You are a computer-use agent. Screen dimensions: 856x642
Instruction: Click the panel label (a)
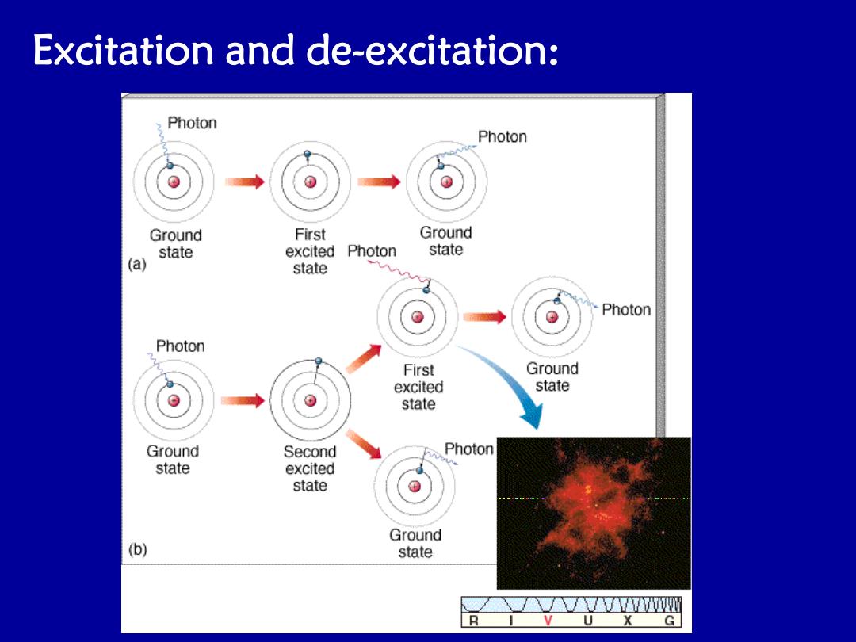click(137, 264)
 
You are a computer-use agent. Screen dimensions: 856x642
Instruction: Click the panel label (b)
click(138, 549)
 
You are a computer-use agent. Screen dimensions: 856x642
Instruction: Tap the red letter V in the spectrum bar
click(548, 620)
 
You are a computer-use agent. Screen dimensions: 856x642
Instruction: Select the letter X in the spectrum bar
click(628, 620)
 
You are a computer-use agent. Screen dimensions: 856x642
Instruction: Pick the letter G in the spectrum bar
click(669, 620)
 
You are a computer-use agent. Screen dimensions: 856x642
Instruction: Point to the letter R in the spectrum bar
click(473, 620)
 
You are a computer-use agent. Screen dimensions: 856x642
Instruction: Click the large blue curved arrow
click(508, 382)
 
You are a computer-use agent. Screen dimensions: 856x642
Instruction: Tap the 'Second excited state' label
click(310, 468)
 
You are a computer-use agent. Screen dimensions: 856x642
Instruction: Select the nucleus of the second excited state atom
click(310, 401)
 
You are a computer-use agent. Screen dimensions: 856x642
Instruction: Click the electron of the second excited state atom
click(319, 361)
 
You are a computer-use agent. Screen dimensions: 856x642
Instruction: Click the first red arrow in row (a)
click(245, 182)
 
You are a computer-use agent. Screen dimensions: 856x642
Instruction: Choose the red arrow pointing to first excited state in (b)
click(364, 359)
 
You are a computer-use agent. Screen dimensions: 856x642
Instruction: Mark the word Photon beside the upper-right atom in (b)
click(626, 310)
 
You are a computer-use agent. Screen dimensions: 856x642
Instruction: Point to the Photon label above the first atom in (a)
click(192, 123)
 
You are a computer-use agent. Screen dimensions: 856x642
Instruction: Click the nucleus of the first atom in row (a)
click(174, 182)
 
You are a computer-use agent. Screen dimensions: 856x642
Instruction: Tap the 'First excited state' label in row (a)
click(310, 251)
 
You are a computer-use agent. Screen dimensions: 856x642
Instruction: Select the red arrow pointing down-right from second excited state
click(364, 444)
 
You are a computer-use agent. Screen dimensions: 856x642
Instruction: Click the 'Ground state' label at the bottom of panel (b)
click(415, 543)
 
